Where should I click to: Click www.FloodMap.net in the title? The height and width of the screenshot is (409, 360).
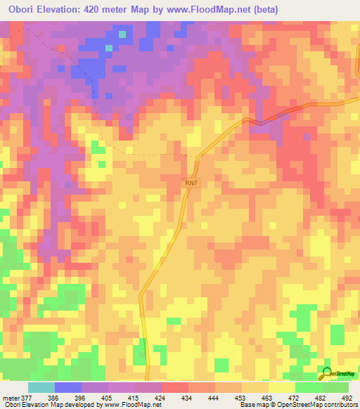[x=207, y=10]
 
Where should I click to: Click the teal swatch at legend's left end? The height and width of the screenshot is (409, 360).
[x=41, y=387]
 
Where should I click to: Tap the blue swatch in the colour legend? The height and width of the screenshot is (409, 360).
[x=68, y=387]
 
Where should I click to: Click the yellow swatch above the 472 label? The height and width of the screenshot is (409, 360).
[x=282, y=387]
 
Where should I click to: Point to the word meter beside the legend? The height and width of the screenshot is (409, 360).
[x=11, y=397]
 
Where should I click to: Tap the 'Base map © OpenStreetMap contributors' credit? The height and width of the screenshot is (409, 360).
[x=298, y=405]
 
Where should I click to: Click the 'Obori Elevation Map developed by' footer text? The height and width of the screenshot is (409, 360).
[x=49, y=405]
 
